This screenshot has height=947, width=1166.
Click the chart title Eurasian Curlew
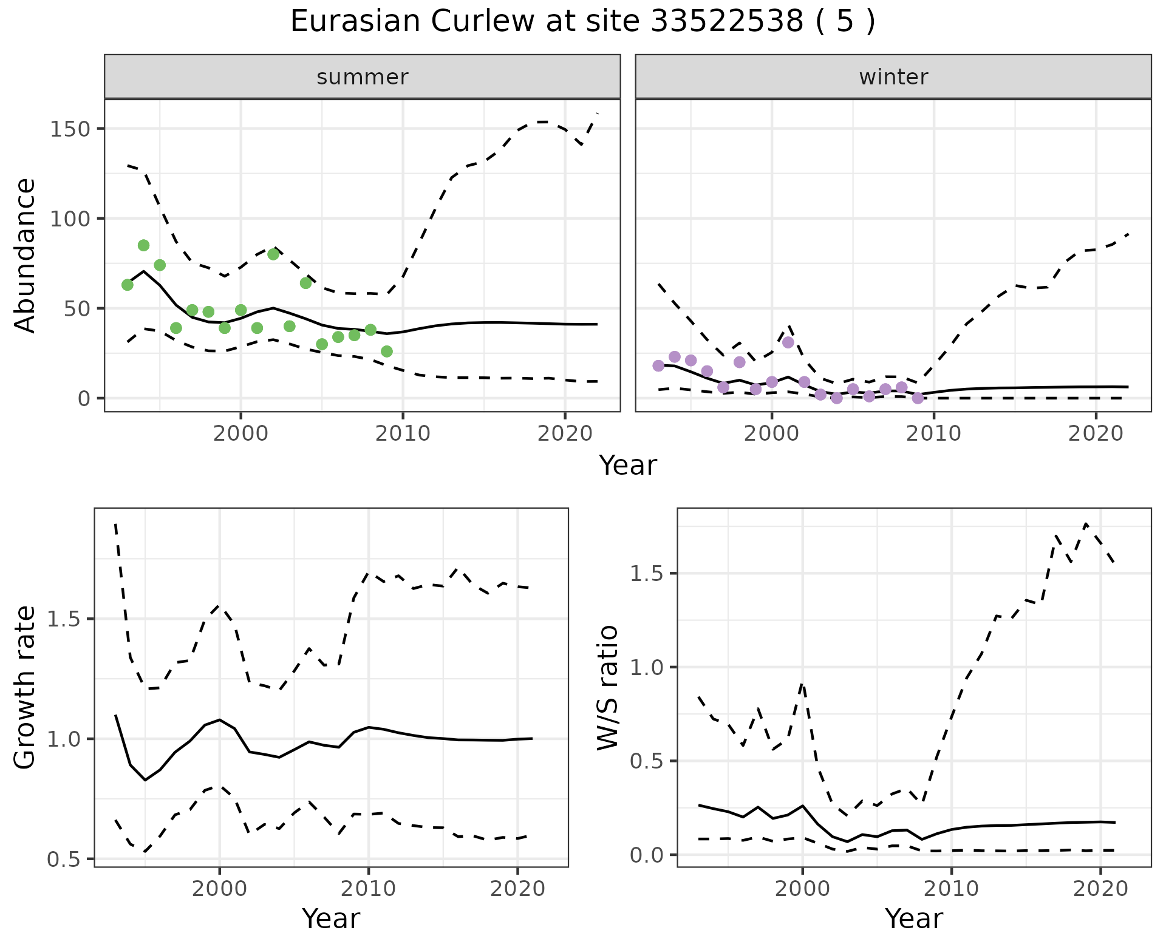tap(582, 22)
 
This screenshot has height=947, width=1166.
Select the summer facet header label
tap(363, 77)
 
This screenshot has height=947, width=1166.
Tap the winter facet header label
tap(893, 77)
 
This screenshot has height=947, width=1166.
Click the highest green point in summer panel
tap(143, 245)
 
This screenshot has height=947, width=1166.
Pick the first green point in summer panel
tap(128, 285)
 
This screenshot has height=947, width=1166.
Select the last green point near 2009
tap(387, 351)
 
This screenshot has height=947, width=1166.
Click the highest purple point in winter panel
tap(788, 342)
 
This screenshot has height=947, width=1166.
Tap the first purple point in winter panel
tap(658, 365)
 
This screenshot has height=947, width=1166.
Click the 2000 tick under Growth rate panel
tap(219, 889)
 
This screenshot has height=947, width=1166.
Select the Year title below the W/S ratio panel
tap(913, 918)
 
